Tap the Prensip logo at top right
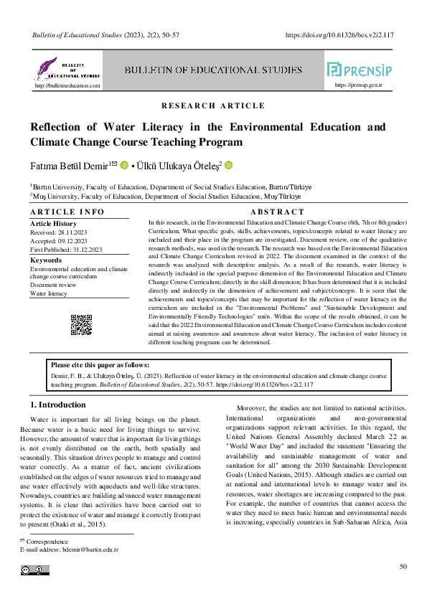(359, 70)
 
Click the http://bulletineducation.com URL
(67, 85)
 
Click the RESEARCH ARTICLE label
(213, 106)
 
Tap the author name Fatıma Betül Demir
(69, 166)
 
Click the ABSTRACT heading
(277, 212)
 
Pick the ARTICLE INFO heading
(67, 212)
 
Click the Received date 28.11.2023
(80, 233)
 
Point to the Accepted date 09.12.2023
(80, 241)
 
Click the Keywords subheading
(46, 260)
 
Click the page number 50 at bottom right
(403, 567)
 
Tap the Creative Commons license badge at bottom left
(35, 570)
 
